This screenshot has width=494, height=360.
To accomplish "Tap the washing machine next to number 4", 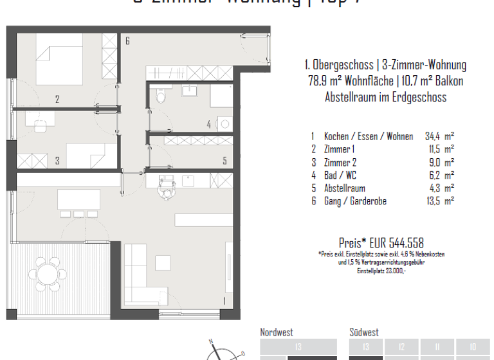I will coord(223,123).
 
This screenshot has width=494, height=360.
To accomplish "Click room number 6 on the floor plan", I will coord(127,42).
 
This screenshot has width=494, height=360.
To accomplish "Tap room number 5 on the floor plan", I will coord(224,161).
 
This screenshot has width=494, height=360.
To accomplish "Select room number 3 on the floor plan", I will coord(57,161).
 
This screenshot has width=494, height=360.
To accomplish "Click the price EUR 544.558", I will coord(381,242).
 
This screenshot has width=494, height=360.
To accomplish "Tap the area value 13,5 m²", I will coord(439,201).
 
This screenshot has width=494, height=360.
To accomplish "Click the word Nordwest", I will coord(277,332).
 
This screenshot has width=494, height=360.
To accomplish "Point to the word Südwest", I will coord(364,332).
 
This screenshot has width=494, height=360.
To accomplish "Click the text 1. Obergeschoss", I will coord(340,65).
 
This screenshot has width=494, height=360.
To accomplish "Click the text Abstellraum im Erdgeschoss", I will coord(385,97).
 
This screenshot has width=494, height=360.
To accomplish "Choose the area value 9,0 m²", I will coord(439,163).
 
